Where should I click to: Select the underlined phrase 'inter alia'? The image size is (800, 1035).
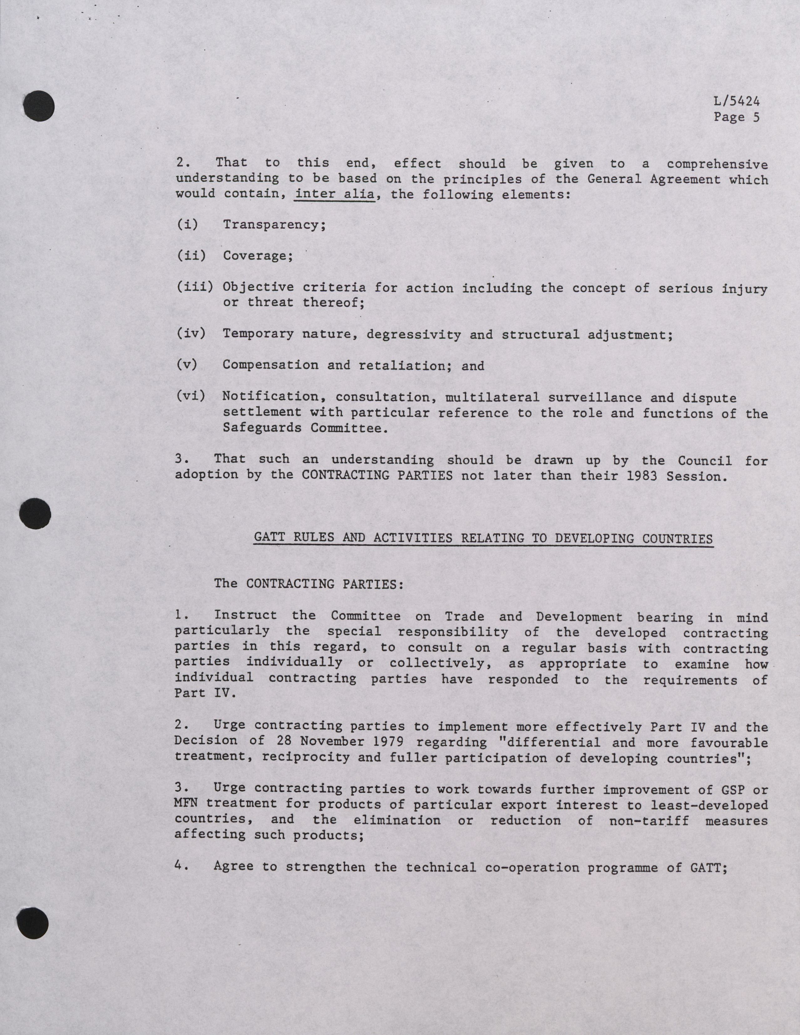[334, 194]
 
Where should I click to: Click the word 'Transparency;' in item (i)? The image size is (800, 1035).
[274, 225]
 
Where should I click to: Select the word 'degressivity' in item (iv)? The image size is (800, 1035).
[413, 335]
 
